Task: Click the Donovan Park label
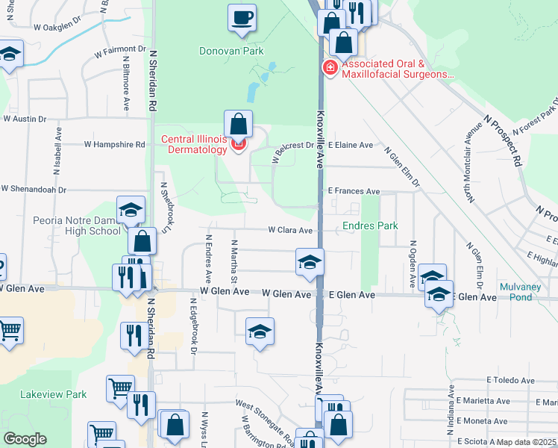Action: (x=232, y=52)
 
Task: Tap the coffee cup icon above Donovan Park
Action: (x=242, y=17)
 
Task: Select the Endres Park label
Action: (x=370, y=225)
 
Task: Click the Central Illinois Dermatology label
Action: (x=194, y=144)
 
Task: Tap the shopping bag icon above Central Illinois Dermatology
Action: (x=238, y=123)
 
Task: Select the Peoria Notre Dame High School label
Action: (x=76, y=225)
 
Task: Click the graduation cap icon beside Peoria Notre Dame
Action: (x=131, y=211)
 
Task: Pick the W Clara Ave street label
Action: (x=290, y=231)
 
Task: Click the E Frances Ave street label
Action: (x=353, y=191)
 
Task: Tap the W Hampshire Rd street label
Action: (x=114, y=144)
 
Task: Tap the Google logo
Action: (x=25, y=439)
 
